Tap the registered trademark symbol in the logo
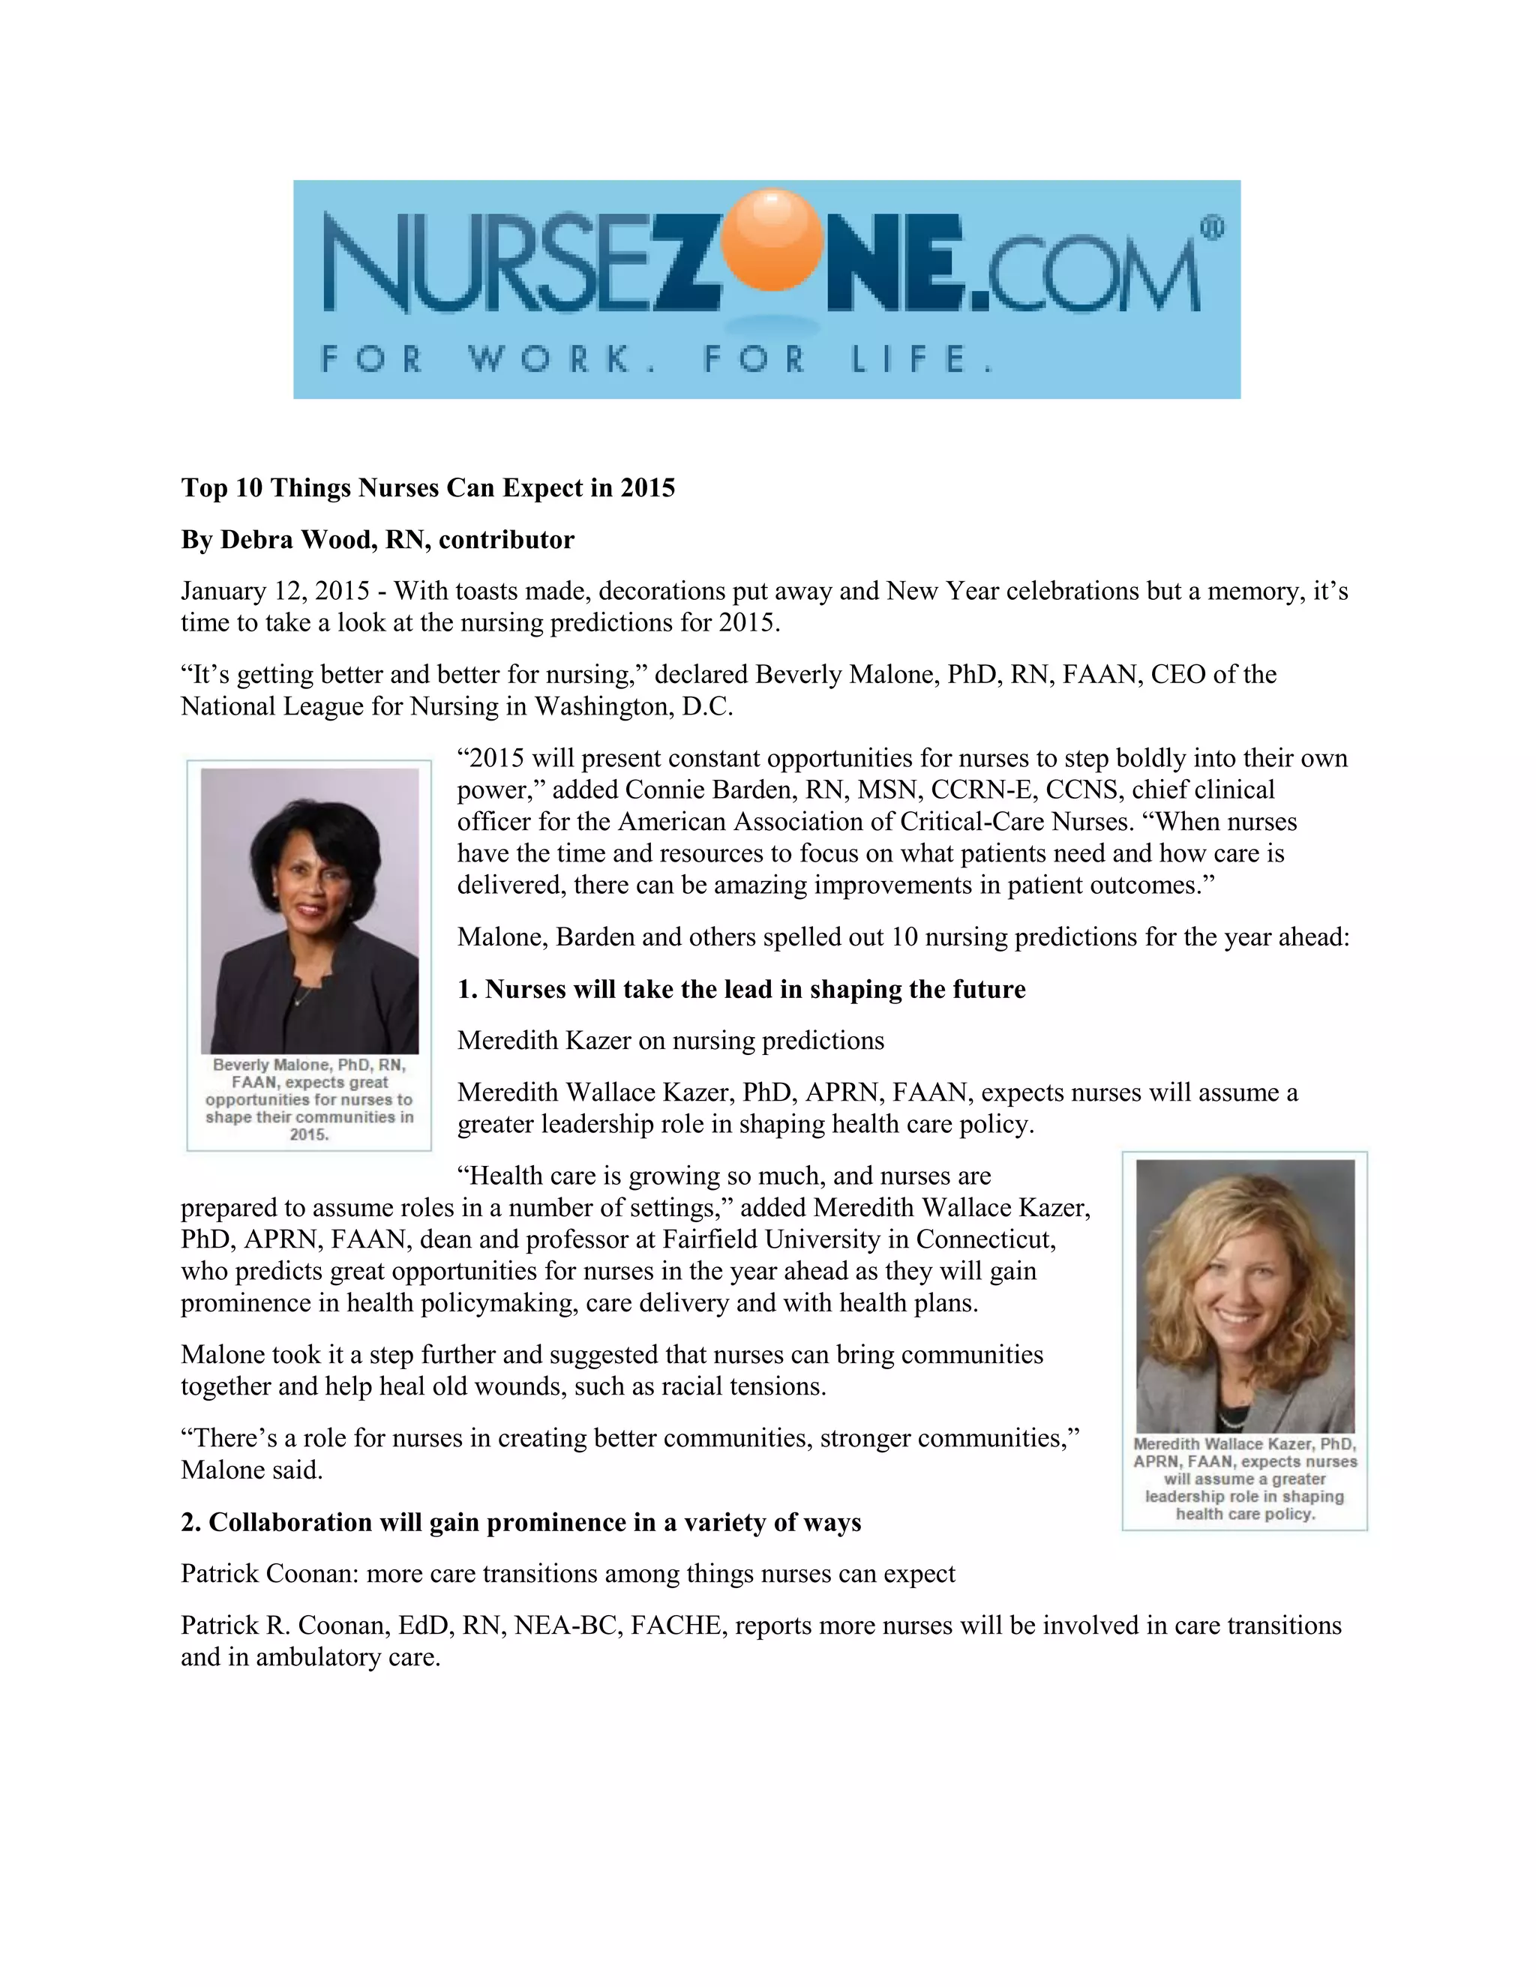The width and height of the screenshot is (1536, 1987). pyautogui.click(x=1212, y=229)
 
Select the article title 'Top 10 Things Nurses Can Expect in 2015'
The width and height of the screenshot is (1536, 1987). pyautogui.click(x=427, y=489)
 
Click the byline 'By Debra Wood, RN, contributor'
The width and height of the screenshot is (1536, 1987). pyautogui.click(x=378, y=541)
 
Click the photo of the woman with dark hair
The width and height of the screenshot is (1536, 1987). pyautogui.click(x=310, y=910)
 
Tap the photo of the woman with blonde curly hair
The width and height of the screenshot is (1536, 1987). pyautogui.click(x=1245, y=1296)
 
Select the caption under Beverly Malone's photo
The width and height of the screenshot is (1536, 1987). pyautogui.click(x=310, y=1099)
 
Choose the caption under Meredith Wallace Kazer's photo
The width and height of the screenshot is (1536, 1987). pyautogui.click(x=1245, y=1479)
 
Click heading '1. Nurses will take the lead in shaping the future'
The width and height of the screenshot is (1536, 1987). pyautogui.click(x=741, y=990)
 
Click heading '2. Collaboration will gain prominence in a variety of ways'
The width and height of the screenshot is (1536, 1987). pyautogui.click(x=520, y=1523)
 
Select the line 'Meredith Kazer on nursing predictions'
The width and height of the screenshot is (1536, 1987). pyautogui.click(x=670, y=1041)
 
